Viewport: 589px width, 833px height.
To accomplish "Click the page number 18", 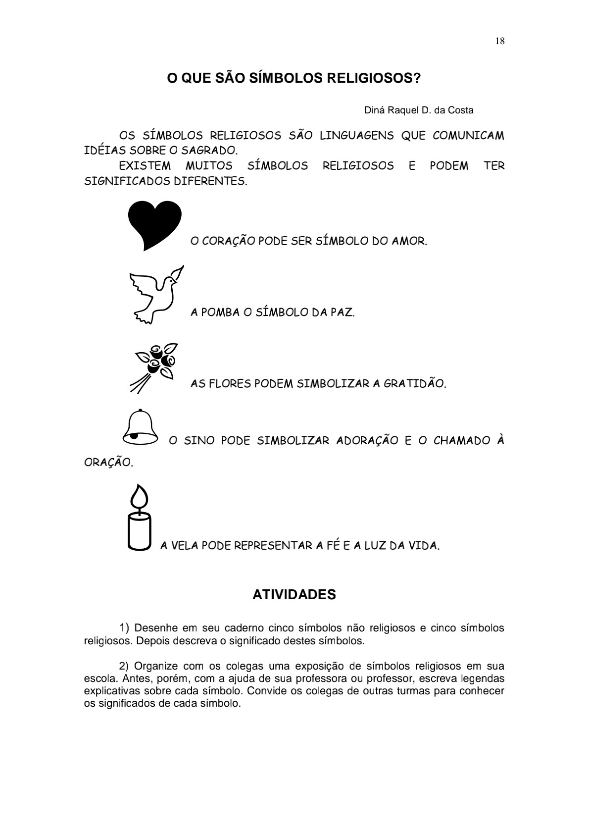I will tap(499, 42).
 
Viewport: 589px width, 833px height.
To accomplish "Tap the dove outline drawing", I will tap(154, 295).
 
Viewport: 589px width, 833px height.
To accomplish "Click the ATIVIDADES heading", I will tap(294, 594).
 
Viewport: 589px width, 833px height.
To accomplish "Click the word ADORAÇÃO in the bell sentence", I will tap(367, 441).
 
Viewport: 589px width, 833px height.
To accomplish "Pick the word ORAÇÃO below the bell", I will tap(108, 463).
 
